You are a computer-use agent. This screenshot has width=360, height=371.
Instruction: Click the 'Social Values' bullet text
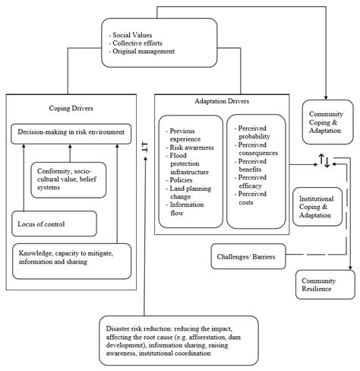coord(134,34)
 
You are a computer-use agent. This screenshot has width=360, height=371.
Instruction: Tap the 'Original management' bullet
coord(144,52)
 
